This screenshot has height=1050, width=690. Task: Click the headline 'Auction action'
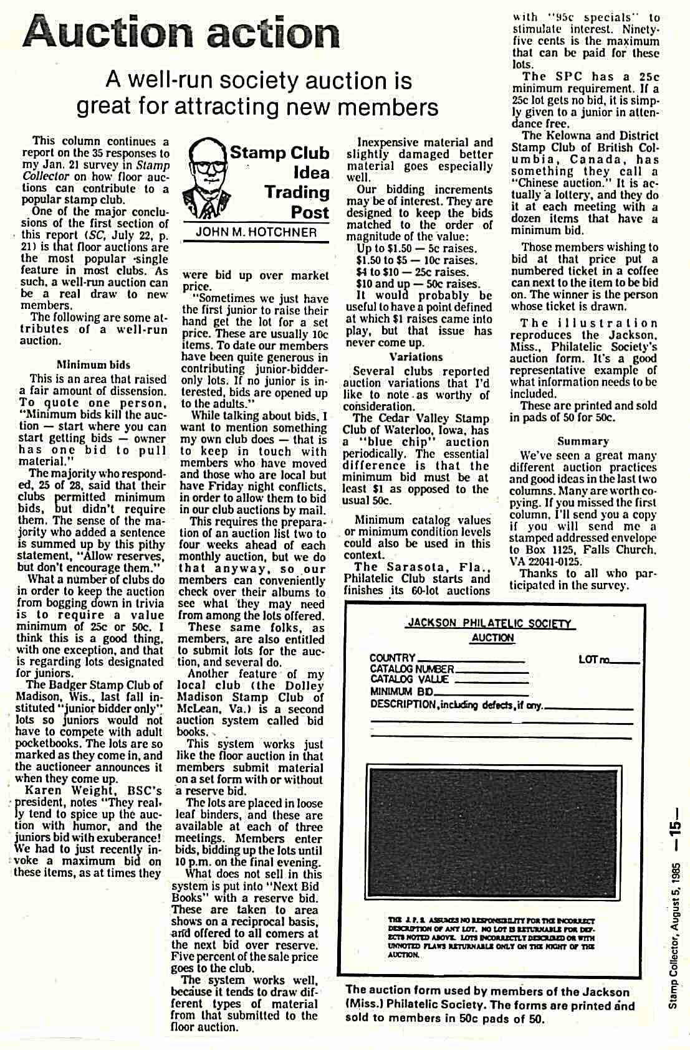181,32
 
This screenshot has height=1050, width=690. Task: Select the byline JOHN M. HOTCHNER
256,232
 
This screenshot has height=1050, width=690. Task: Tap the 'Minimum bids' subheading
93,364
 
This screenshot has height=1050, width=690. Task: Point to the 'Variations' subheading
416,357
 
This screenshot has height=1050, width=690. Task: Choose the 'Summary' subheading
583,441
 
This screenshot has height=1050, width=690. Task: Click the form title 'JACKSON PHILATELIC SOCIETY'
490,623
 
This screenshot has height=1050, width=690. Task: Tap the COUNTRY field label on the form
392,658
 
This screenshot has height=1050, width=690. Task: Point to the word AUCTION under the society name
492,638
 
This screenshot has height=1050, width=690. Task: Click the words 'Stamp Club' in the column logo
279,153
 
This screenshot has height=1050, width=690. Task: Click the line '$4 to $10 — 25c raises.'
413,272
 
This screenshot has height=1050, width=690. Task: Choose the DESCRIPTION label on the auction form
403,704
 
